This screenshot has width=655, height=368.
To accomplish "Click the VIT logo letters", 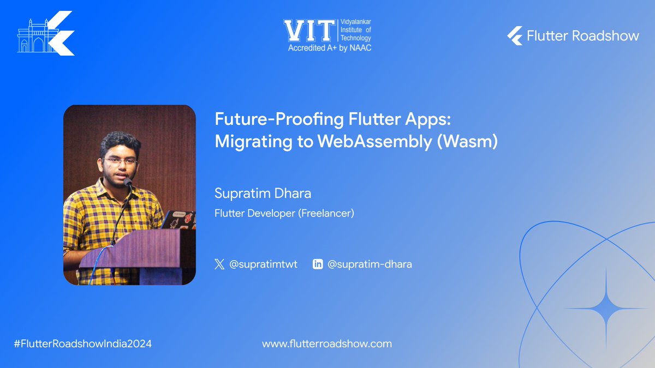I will (x=307, y=31).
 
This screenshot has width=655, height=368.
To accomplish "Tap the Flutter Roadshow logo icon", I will (x=515, y=36).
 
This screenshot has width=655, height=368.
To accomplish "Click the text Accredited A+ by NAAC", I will (x=329, y=48).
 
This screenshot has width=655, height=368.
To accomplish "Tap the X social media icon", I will (x=219, y=264).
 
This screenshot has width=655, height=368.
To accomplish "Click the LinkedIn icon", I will (x=317, y=264).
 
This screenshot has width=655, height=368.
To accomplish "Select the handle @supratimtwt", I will (x=263, y=264).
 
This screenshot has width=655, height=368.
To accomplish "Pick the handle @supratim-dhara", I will (x=370, y=264).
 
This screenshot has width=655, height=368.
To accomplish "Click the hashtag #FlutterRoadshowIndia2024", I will (x=82, y=344).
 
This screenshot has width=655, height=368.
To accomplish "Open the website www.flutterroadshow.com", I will (x=327, y=344).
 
